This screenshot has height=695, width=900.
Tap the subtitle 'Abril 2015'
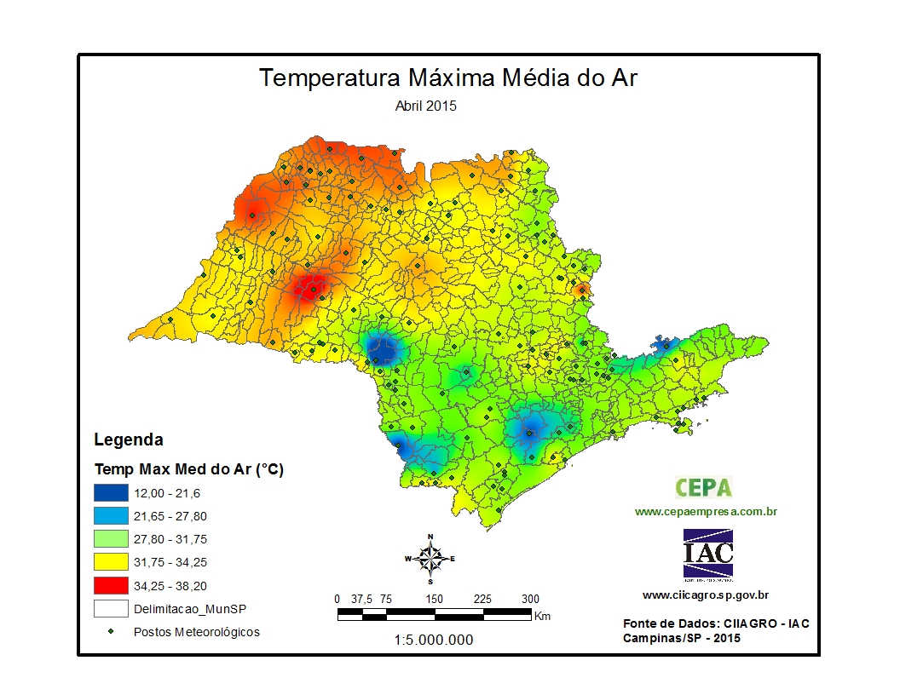(x=426, y=106)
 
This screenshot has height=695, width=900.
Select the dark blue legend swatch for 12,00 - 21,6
(x=111, y=492)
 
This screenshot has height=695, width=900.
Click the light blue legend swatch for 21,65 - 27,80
(x=111, y=515)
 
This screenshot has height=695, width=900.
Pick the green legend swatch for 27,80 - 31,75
(x=111, y=539)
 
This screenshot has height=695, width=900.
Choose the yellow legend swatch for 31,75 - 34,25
(x=111, y=562)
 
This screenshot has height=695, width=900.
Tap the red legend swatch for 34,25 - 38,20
(x=111, y=586)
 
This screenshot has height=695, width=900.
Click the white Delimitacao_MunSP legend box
(x=111, y=609)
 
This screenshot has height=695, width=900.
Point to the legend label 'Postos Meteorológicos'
(x=197, y=632)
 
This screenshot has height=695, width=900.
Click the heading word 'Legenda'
(x=128, y=440)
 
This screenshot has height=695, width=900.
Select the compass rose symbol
(x=430, y=559)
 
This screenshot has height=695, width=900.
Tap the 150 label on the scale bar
(x=435, y=599)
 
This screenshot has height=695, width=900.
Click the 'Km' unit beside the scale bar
(x=541, y=615)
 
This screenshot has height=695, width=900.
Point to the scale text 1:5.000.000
(x=434, y=640)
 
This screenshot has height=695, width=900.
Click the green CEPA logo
(x=704, y=487)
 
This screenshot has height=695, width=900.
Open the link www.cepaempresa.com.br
(x=706, y=512)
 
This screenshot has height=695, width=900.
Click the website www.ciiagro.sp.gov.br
(x=706, y=595)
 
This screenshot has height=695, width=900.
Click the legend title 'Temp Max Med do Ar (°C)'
(x=188, y=468)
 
